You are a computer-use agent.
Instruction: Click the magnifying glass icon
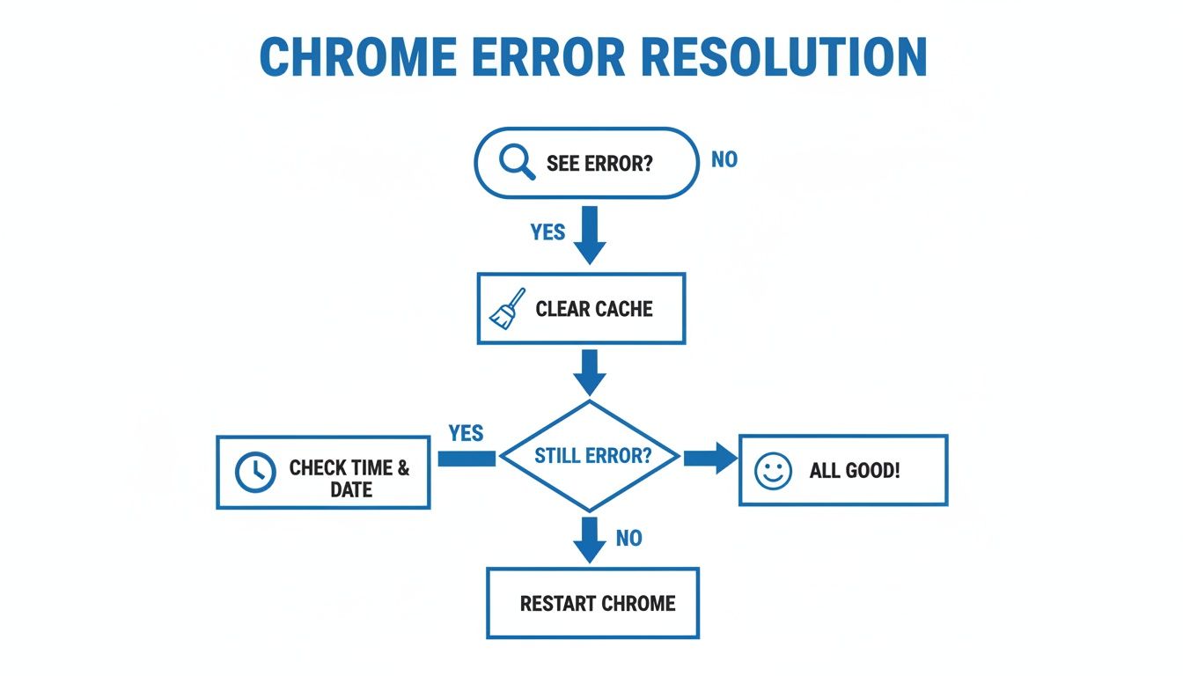pyautogui.click(x=516, y=162)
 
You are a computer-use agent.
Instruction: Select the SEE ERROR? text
pyautogui.click(x=599, y=164)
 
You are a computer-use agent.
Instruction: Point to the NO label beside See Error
pyautogui.click(x=724, y=160)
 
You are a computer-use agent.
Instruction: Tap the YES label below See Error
pyautogui.click(x=547, y=232)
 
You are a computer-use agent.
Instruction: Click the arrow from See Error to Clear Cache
pyautogui.click(x=590, y=235)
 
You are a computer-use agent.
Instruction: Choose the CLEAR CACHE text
pyautogui.click(x=594, y=309)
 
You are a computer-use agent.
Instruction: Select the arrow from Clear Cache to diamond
pyautogui.click(x=590, y=371)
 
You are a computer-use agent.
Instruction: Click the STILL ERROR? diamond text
pyautogui.click(x=592, y=457)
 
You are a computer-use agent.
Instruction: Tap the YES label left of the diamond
pyautogui.click(x=466, y=433)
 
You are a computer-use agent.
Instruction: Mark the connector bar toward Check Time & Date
pyautogui.click(x=467, y=458)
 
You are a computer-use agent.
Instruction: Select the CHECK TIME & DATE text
pyautogui.click(x=349, y=479)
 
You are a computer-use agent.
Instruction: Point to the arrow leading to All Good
pyautogui.click(x=709, y=458)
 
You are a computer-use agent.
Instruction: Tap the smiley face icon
pyautogui.click(x=774, y=471)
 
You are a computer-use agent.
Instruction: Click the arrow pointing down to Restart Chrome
pyautogui.click(x=590, y=539)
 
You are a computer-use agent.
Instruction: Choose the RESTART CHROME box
pyautogui.click(x=592, y=603)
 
